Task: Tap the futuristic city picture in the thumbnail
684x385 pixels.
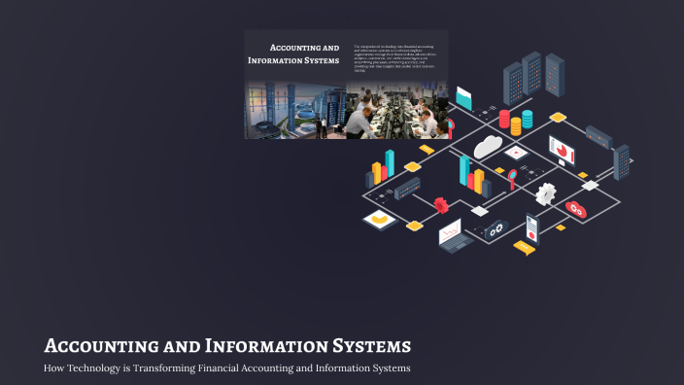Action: pyautogui.click(x=294, y=110)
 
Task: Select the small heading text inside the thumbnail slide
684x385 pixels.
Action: pyautogui.click(x=294, y=53)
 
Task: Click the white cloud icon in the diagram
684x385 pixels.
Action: pyautogui.click(x=487, y=146)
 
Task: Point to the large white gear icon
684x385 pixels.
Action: pyautogui.click(x=546, y=192)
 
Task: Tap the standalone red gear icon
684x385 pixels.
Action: pyautogui.click(x=441, y=204)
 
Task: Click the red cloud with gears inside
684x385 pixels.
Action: pyautogui.click(x=576, y=209)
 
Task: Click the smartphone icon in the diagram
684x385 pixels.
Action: pyautogui.click(x=531, y=227)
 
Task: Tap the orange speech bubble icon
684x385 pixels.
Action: pyautogui.click(x=525, y=248)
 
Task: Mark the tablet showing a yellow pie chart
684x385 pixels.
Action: pyautogui.click(x=377, y=220)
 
